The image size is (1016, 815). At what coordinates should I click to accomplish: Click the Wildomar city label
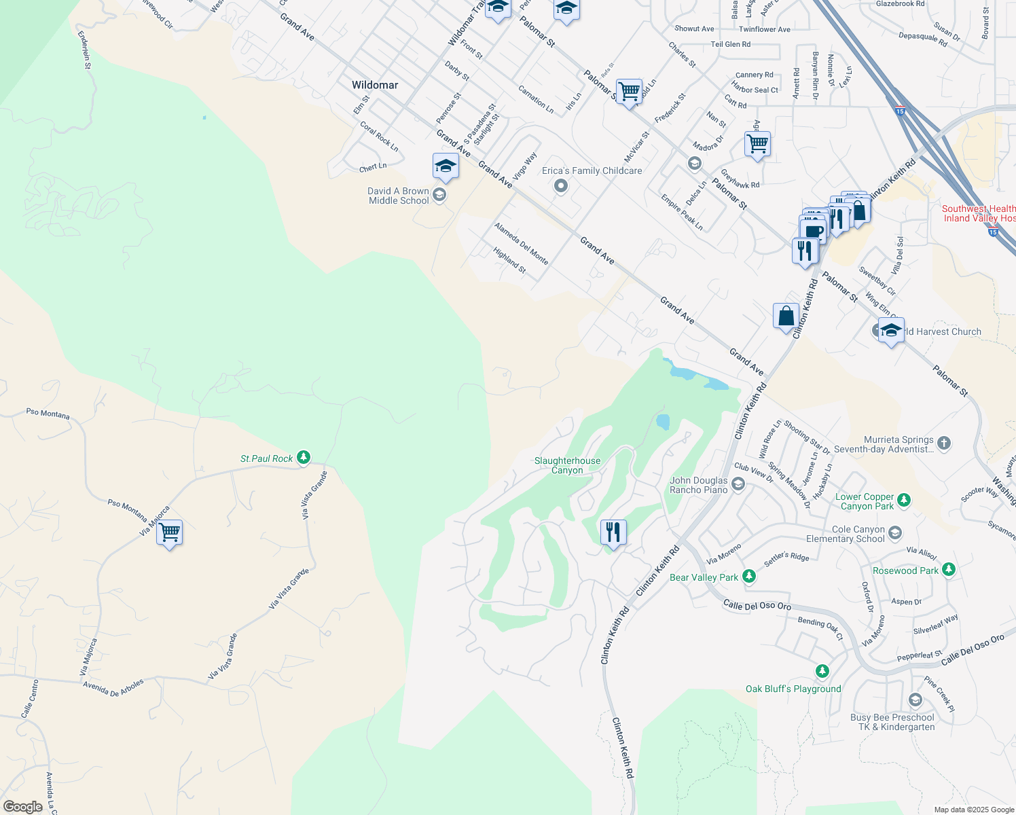pos(375,85)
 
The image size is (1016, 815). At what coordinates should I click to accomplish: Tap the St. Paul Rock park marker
pos(304,458)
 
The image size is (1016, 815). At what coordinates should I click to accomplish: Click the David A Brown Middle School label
pos(399,196)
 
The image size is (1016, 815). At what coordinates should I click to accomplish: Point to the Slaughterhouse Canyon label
pos(567,465)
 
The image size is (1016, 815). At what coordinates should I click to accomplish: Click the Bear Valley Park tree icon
pos(749,577)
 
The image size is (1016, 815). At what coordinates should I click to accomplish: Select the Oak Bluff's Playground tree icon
pos(822,672)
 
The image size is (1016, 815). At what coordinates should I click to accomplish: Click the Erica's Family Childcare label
pos(592,171)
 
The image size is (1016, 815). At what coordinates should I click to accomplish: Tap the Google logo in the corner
pos(22,806)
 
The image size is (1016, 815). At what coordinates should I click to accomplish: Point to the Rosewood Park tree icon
pos(949,570)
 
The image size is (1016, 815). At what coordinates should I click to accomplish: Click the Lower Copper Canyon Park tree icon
pos(903,501)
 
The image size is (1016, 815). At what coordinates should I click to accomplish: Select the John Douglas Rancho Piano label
pos(698,485)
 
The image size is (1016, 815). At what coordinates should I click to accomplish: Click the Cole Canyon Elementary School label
pos(858,534)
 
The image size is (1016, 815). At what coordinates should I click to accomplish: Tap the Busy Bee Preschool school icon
pos(915,700)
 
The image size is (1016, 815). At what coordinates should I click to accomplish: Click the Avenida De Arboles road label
pos(113,687)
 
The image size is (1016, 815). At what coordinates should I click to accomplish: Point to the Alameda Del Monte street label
pos(521,243)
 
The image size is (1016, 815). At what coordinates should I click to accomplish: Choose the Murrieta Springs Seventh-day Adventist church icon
pos(944,444)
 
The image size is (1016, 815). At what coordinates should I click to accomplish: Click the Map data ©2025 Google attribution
pos(974,810)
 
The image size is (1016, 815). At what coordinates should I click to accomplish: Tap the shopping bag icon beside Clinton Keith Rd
pos(786,316)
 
